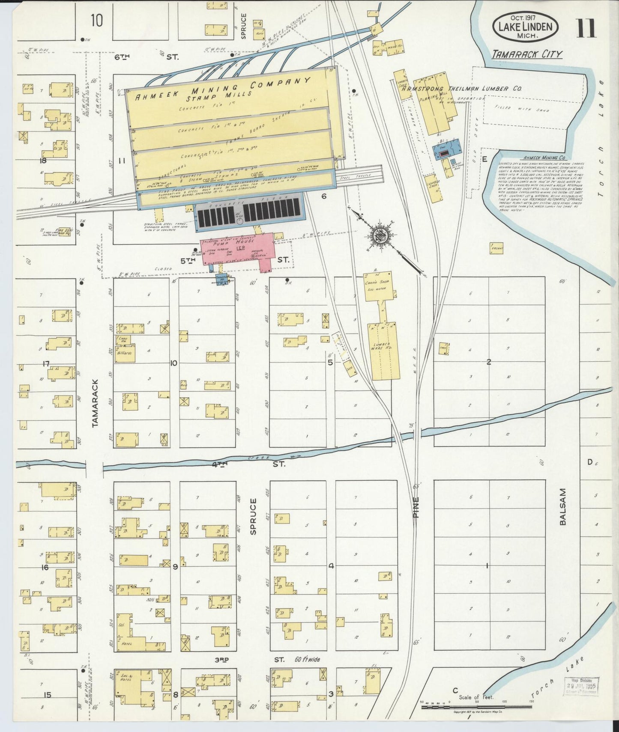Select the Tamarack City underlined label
coord(526,54)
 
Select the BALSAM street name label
coord(562,506)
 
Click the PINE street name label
coord(415,507)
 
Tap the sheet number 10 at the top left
coord(96,20)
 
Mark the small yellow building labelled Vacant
coord(496,248)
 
